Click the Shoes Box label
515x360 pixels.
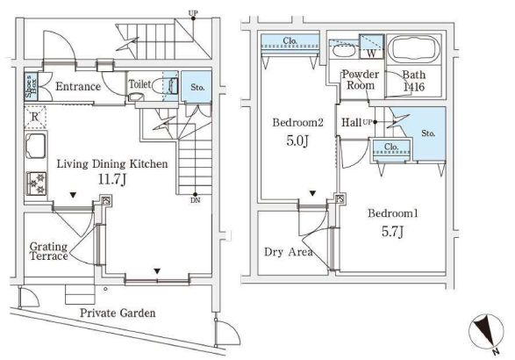point(32,86)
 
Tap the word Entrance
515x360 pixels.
point(78,86)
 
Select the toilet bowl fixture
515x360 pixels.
point(161,86)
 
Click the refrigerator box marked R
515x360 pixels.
point(35,117)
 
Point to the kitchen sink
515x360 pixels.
point(35,145)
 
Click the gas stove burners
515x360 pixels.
point(36,184)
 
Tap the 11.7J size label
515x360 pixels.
point(112,179)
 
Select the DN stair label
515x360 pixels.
point(195,200)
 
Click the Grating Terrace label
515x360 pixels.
point(48,251)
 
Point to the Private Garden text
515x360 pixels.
point(118,313)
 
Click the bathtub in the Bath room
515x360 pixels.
point(413,49)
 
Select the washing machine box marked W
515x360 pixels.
point(371,47)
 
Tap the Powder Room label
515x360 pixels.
point(361,80)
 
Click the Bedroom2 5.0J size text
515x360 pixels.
point(297,140)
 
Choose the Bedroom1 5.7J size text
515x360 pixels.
point(392,232)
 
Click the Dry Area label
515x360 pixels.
point(289,252)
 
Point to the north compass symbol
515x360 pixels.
point(486,331)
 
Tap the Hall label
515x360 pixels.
point(352,123)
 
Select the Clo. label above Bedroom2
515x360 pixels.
point(290,41)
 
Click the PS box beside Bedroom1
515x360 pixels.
point(340,199)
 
